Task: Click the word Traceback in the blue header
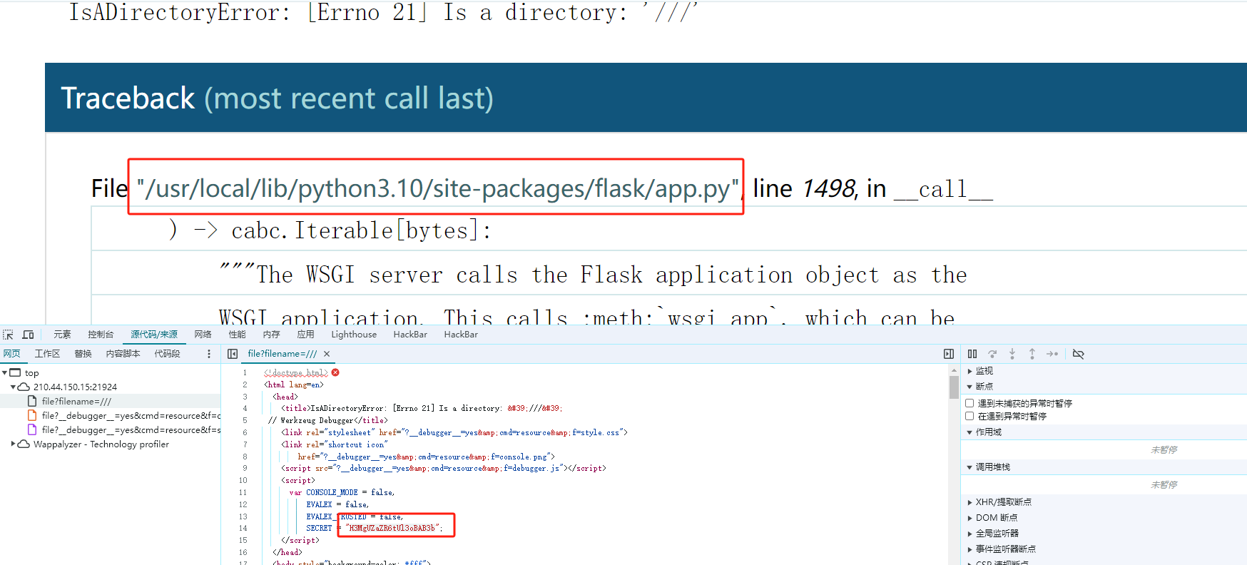point(128,98)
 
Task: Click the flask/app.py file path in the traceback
point(437,188)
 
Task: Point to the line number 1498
point(828,189)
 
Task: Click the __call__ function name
point(943,190)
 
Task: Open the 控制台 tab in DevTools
point(101,335)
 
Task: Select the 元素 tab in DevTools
point(62,335)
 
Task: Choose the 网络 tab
point(203,335)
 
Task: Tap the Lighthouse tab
point(354,335)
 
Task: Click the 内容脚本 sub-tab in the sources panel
point(123,354)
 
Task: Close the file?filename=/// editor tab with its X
point(327,354)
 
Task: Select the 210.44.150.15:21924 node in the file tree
point(75,387)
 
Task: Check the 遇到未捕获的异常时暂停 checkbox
point(969,403)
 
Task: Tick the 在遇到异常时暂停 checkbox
point(969,416)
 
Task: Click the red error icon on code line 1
point(335,372)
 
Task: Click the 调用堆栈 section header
point(992,467)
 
